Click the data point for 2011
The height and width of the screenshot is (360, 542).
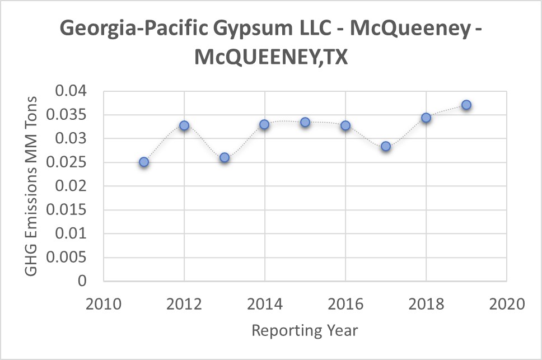[x=144, y=162]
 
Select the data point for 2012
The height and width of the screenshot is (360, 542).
[x=184, y=125]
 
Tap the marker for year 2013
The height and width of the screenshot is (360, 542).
[x=225, y=157]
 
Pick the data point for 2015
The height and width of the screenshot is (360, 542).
[x=305, y=122]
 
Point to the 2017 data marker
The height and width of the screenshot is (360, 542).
[x=386, y=146]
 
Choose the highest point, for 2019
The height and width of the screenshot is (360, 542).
[x=466, y=105]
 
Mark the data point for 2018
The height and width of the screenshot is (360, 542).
[x=426, y=118]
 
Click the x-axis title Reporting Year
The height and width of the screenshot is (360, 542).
[x=305, y=330]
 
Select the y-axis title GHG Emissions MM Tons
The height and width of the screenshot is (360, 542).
[x=32, y=185]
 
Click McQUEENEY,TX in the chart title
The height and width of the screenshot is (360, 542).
[x=271, y=58]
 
